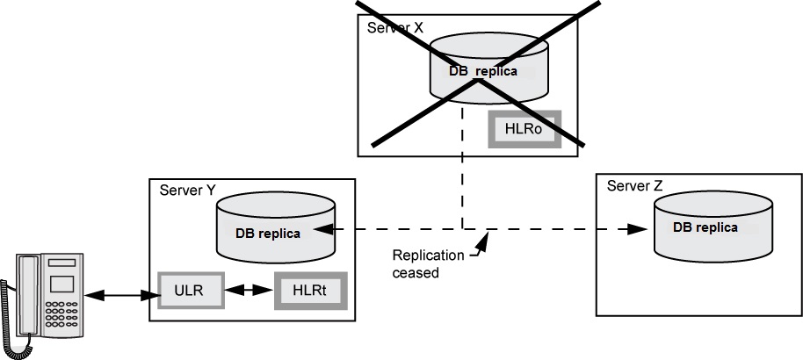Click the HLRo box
[x=524, y=129]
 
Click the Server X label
[x=395, y=27]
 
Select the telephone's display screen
[x=61, y=283]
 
